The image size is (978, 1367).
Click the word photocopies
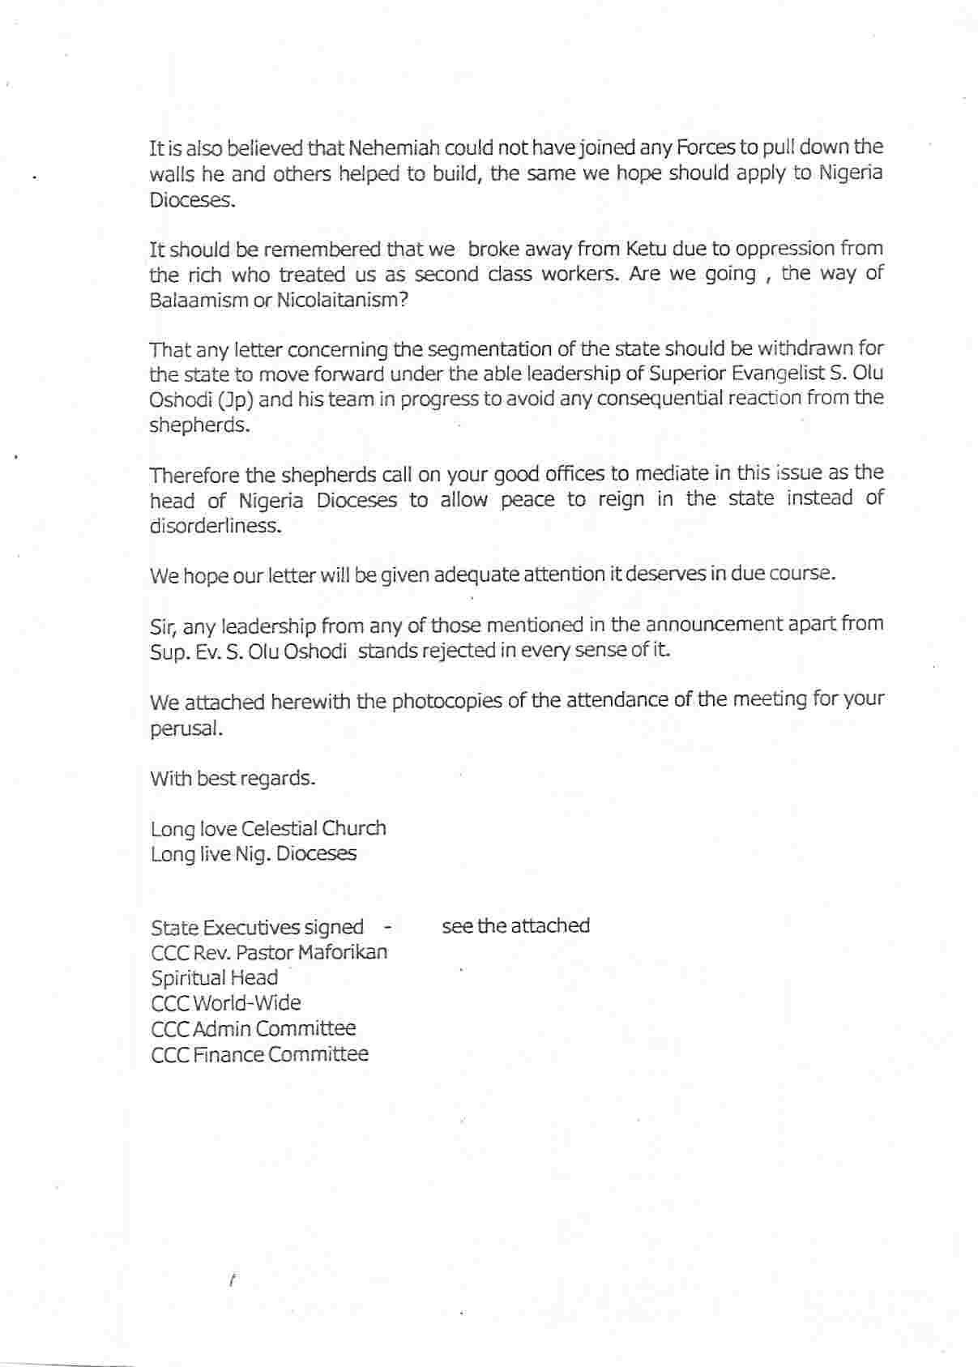tap(447, 701)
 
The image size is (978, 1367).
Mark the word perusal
tap(185, 728)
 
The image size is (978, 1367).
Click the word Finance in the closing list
tap(230, 1054)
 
